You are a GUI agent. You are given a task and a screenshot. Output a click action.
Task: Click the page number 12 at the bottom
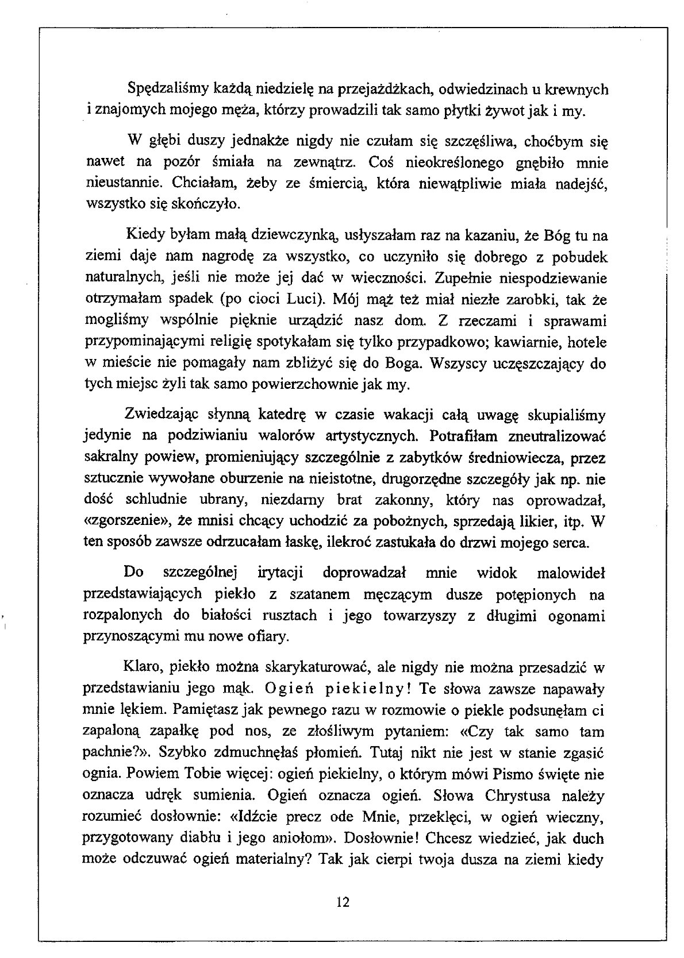click(343, 901)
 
